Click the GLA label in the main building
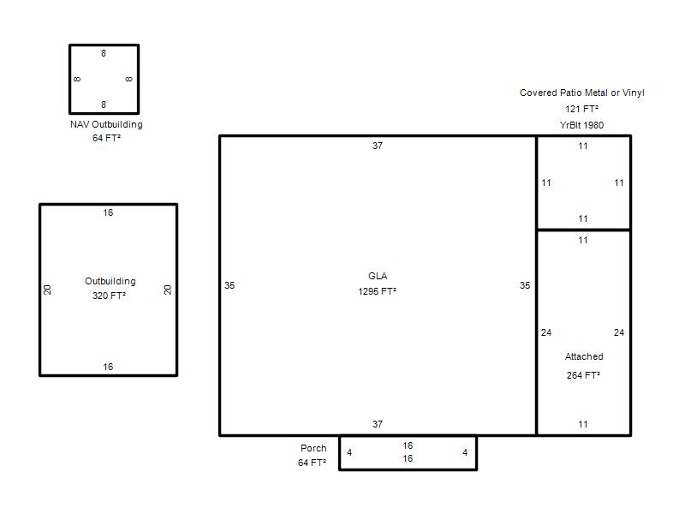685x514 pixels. [x=378, y=276]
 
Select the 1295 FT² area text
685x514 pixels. [x=378, y=291]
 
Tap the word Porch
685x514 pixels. [x=313, y=448]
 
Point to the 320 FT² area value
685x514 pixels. [x=109, y=296]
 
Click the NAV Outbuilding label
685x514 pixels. [x=106, y=124]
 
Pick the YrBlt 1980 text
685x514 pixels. [x=581, y=125]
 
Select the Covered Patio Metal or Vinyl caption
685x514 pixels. [x=582, y=93]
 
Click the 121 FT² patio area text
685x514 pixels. [x=581, y=109]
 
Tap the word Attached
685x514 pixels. [x=584, y=356]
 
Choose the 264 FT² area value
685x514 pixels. [x=583, y=375]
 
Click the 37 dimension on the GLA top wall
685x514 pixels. [x=378, y=146]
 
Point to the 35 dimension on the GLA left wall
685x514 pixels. [x=229, y=285]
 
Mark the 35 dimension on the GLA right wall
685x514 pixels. [x=525, y=285]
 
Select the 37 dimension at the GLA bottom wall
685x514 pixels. [x=378, y=424]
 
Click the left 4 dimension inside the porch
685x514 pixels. [x=349, y=452]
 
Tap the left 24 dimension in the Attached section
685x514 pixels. [x=546, y=332]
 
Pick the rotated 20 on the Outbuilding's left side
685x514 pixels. [x=47, y=290]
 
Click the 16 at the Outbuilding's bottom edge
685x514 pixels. [x=108, y=367]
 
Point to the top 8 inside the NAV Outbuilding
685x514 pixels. [x=104, y=53]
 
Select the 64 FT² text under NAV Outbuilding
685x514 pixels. [x=106, y=138]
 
